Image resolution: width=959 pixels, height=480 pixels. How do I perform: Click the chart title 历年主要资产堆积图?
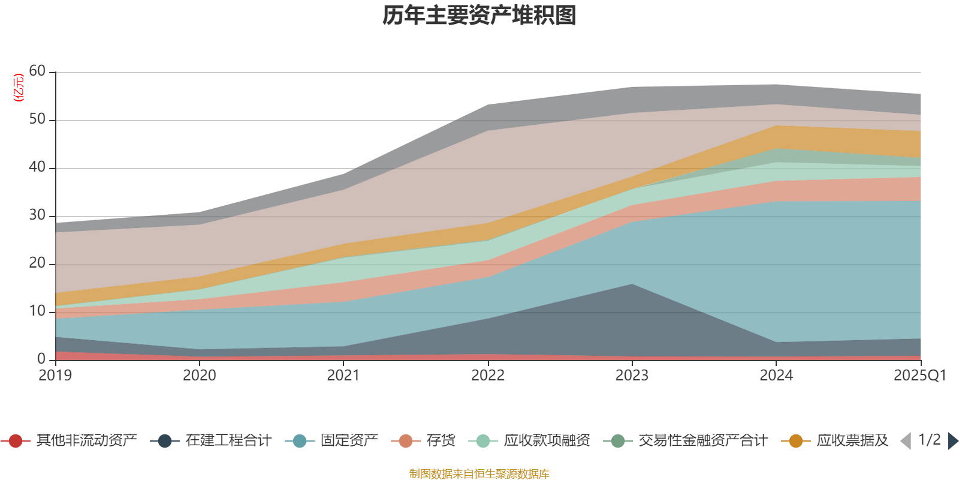tap(479, 16)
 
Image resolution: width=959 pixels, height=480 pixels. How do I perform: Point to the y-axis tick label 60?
tap(37, 71)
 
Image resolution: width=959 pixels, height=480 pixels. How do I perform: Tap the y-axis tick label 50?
tap(37, 119)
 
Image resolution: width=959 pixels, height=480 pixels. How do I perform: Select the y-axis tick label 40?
tap(37, 167)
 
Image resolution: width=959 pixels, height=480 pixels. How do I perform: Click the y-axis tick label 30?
tap(37, 215)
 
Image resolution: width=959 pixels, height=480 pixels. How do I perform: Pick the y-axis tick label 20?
tap(37, 263)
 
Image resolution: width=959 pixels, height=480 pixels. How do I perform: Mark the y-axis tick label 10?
tap(37, 311)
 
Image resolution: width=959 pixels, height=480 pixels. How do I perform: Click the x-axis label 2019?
tap(55, 376)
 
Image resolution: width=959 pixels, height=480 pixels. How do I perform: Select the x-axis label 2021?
tap(343, 376)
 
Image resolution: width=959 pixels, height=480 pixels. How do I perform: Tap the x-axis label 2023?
tap(632, 376)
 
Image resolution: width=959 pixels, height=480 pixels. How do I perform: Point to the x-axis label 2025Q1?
tap(919, 376)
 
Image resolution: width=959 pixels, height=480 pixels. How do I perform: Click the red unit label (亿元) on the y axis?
tap(19, 88)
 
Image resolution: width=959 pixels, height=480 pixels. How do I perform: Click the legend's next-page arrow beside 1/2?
tap(952, 441)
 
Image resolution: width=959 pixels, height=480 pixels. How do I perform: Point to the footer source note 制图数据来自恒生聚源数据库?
tap(479, 474)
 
